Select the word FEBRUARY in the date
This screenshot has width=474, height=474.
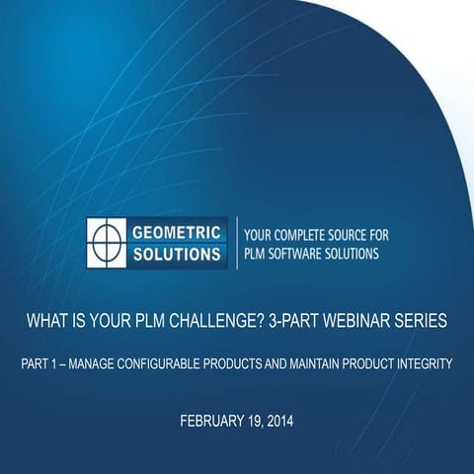point(210,422)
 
